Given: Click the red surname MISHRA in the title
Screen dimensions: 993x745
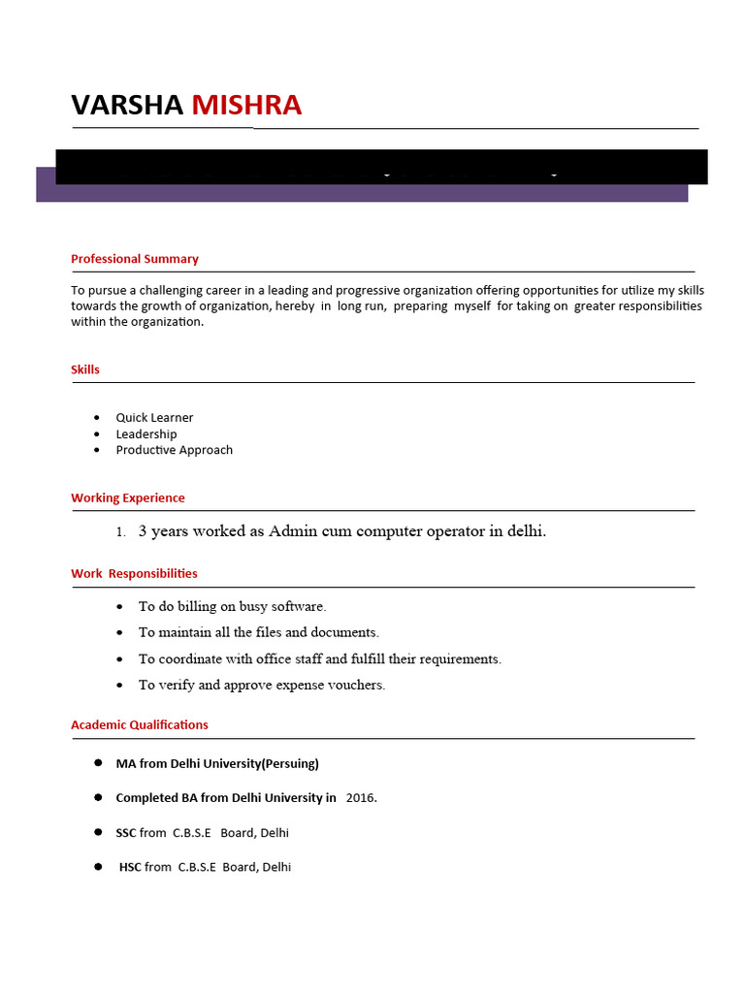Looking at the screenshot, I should tap(246, 105).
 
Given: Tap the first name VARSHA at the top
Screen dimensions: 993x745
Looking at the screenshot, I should tap(127, 105).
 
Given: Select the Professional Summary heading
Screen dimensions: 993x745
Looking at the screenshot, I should tap(135, 259).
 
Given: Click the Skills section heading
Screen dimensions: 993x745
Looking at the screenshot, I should tap(85, 369).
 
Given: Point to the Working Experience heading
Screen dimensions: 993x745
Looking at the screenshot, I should tap(128, 497).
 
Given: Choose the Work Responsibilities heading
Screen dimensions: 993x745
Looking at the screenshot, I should tap(134, 573).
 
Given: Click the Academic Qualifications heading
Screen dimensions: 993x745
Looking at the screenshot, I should tap(140, 724).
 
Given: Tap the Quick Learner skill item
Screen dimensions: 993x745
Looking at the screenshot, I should tap(154, 418).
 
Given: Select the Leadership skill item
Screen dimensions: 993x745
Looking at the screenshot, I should tap(146, 434).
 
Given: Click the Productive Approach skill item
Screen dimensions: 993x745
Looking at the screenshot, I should tap(175, 450).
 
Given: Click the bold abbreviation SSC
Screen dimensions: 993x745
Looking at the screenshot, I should tap(126, 833).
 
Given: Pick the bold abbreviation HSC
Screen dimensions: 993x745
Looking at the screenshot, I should tap(130, 867).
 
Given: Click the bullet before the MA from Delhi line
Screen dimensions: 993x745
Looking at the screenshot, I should tap(98, 762).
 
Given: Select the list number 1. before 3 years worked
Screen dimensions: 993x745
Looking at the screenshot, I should tap(120, 532).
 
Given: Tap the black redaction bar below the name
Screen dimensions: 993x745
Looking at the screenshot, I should tap(381, 167).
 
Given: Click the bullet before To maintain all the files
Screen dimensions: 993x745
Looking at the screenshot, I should tap(119, 633).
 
